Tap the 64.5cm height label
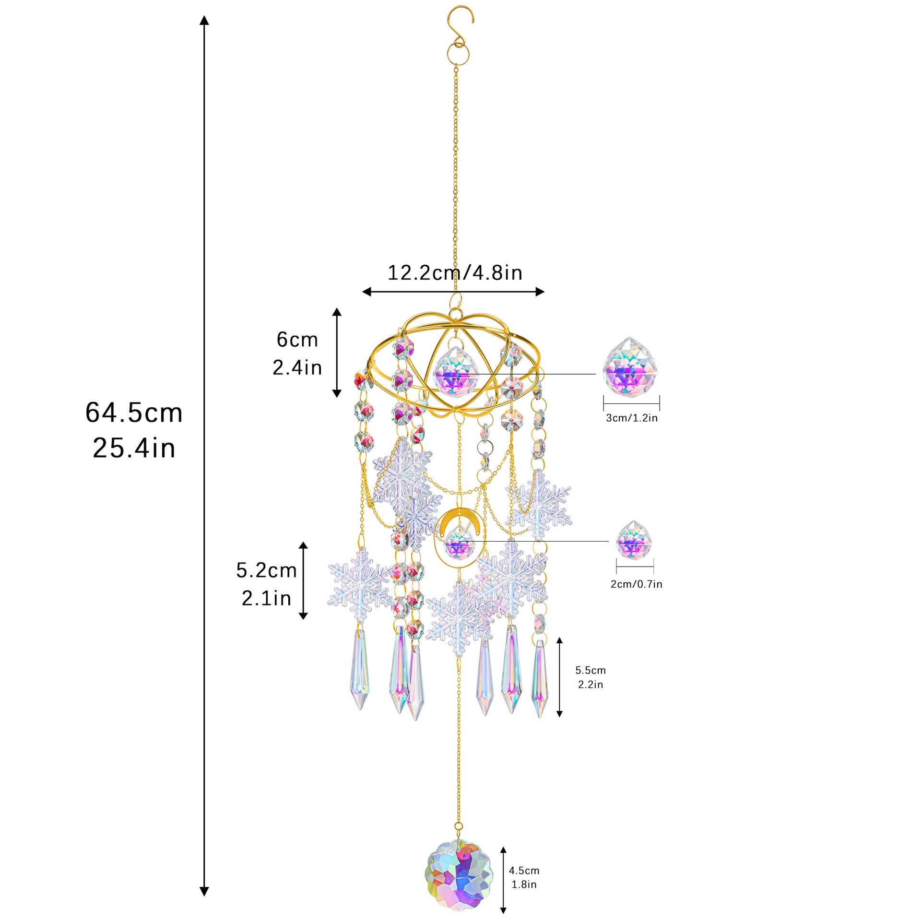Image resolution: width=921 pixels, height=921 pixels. click(x=134, y=413)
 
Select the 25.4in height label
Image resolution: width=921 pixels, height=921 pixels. click(x=134, y=448)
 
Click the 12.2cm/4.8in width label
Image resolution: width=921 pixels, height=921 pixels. click(x=455, y=272)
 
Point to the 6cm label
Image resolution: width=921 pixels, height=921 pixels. click(x=297, y=340)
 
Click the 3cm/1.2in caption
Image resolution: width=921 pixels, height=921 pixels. click(x=632, y=418)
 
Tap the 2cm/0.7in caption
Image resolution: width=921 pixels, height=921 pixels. click(x=637, y=584)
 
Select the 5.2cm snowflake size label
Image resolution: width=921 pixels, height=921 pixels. click(x=267, y=570)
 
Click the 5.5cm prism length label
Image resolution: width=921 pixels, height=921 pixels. click(x=590, y=670)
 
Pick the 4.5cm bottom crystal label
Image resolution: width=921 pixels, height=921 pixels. click(x=524, y=871)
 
